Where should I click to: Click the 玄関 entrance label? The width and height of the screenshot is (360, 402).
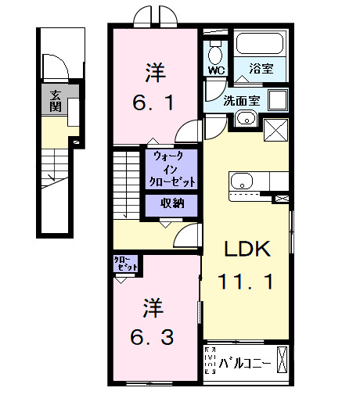click(x=56, y=100)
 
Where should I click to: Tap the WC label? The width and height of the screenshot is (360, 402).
click(x=215, y=69)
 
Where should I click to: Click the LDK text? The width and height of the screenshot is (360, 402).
click(x=247, y=249)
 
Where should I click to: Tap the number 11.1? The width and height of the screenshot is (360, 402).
click(x=249, y=282)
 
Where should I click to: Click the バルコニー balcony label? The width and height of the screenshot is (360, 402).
click(x=245, y=362)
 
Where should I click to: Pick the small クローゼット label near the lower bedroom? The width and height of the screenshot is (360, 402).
click(x=126, y=264)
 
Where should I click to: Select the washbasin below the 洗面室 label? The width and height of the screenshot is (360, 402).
click(x=246, y=119)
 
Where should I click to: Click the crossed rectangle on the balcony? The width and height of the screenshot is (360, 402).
click(x=283, y=361)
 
